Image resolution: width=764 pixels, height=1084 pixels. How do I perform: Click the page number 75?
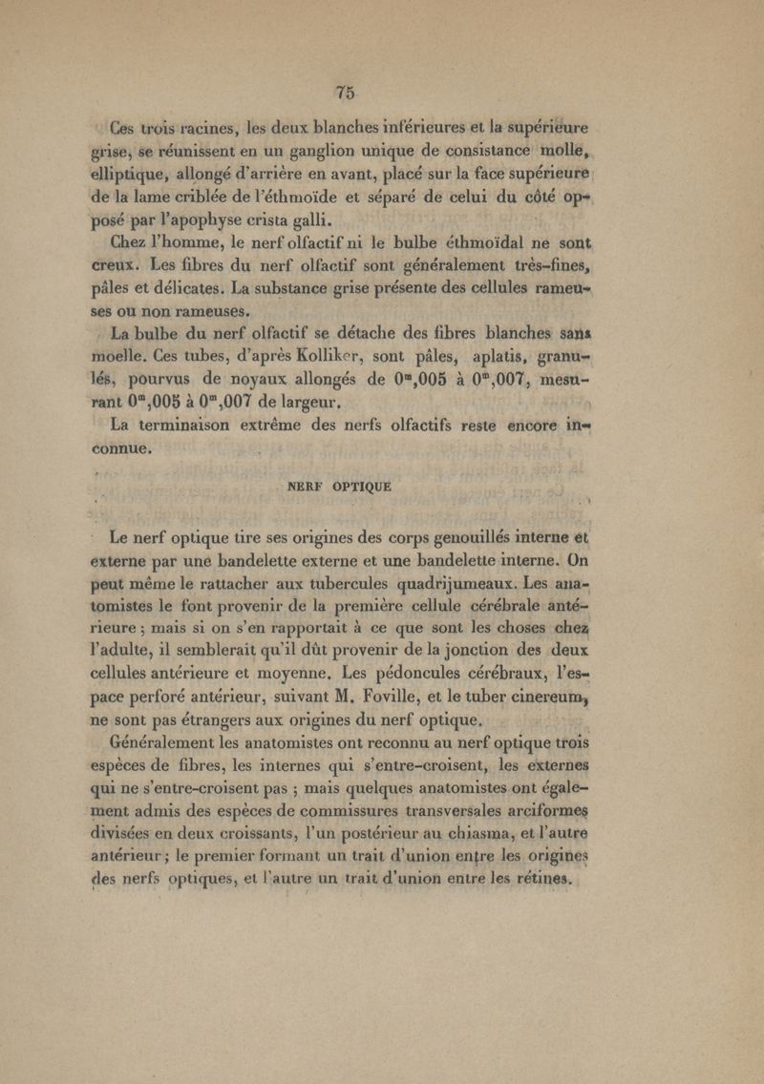click(x=346, y=93)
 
